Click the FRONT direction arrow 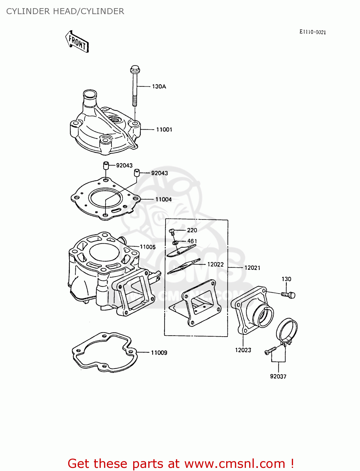tap(77, 41)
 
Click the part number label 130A tap(159, 86)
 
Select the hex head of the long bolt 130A tap(135, 69)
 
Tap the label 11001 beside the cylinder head tap(164, 129)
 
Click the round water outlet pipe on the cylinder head tap(89, 95)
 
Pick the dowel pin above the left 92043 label tap(106, 165)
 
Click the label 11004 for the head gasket tap(163, 199)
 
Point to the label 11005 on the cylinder tap(148, 247)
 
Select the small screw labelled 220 tap(172, 231)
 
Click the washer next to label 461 tap(175, 242)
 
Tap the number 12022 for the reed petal tap(215, 264)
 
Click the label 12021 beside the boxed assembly tap(252, 268)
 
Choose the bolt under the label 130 tap(288, 295)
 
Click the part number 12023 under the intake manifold tap(243, 350)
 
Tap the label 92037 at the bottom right tap(278, 376)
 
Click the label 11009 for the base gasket tap(159, 353)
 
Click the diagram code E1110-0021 tap(313, 32)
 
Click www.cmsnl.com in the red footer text tap(234, 463)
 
